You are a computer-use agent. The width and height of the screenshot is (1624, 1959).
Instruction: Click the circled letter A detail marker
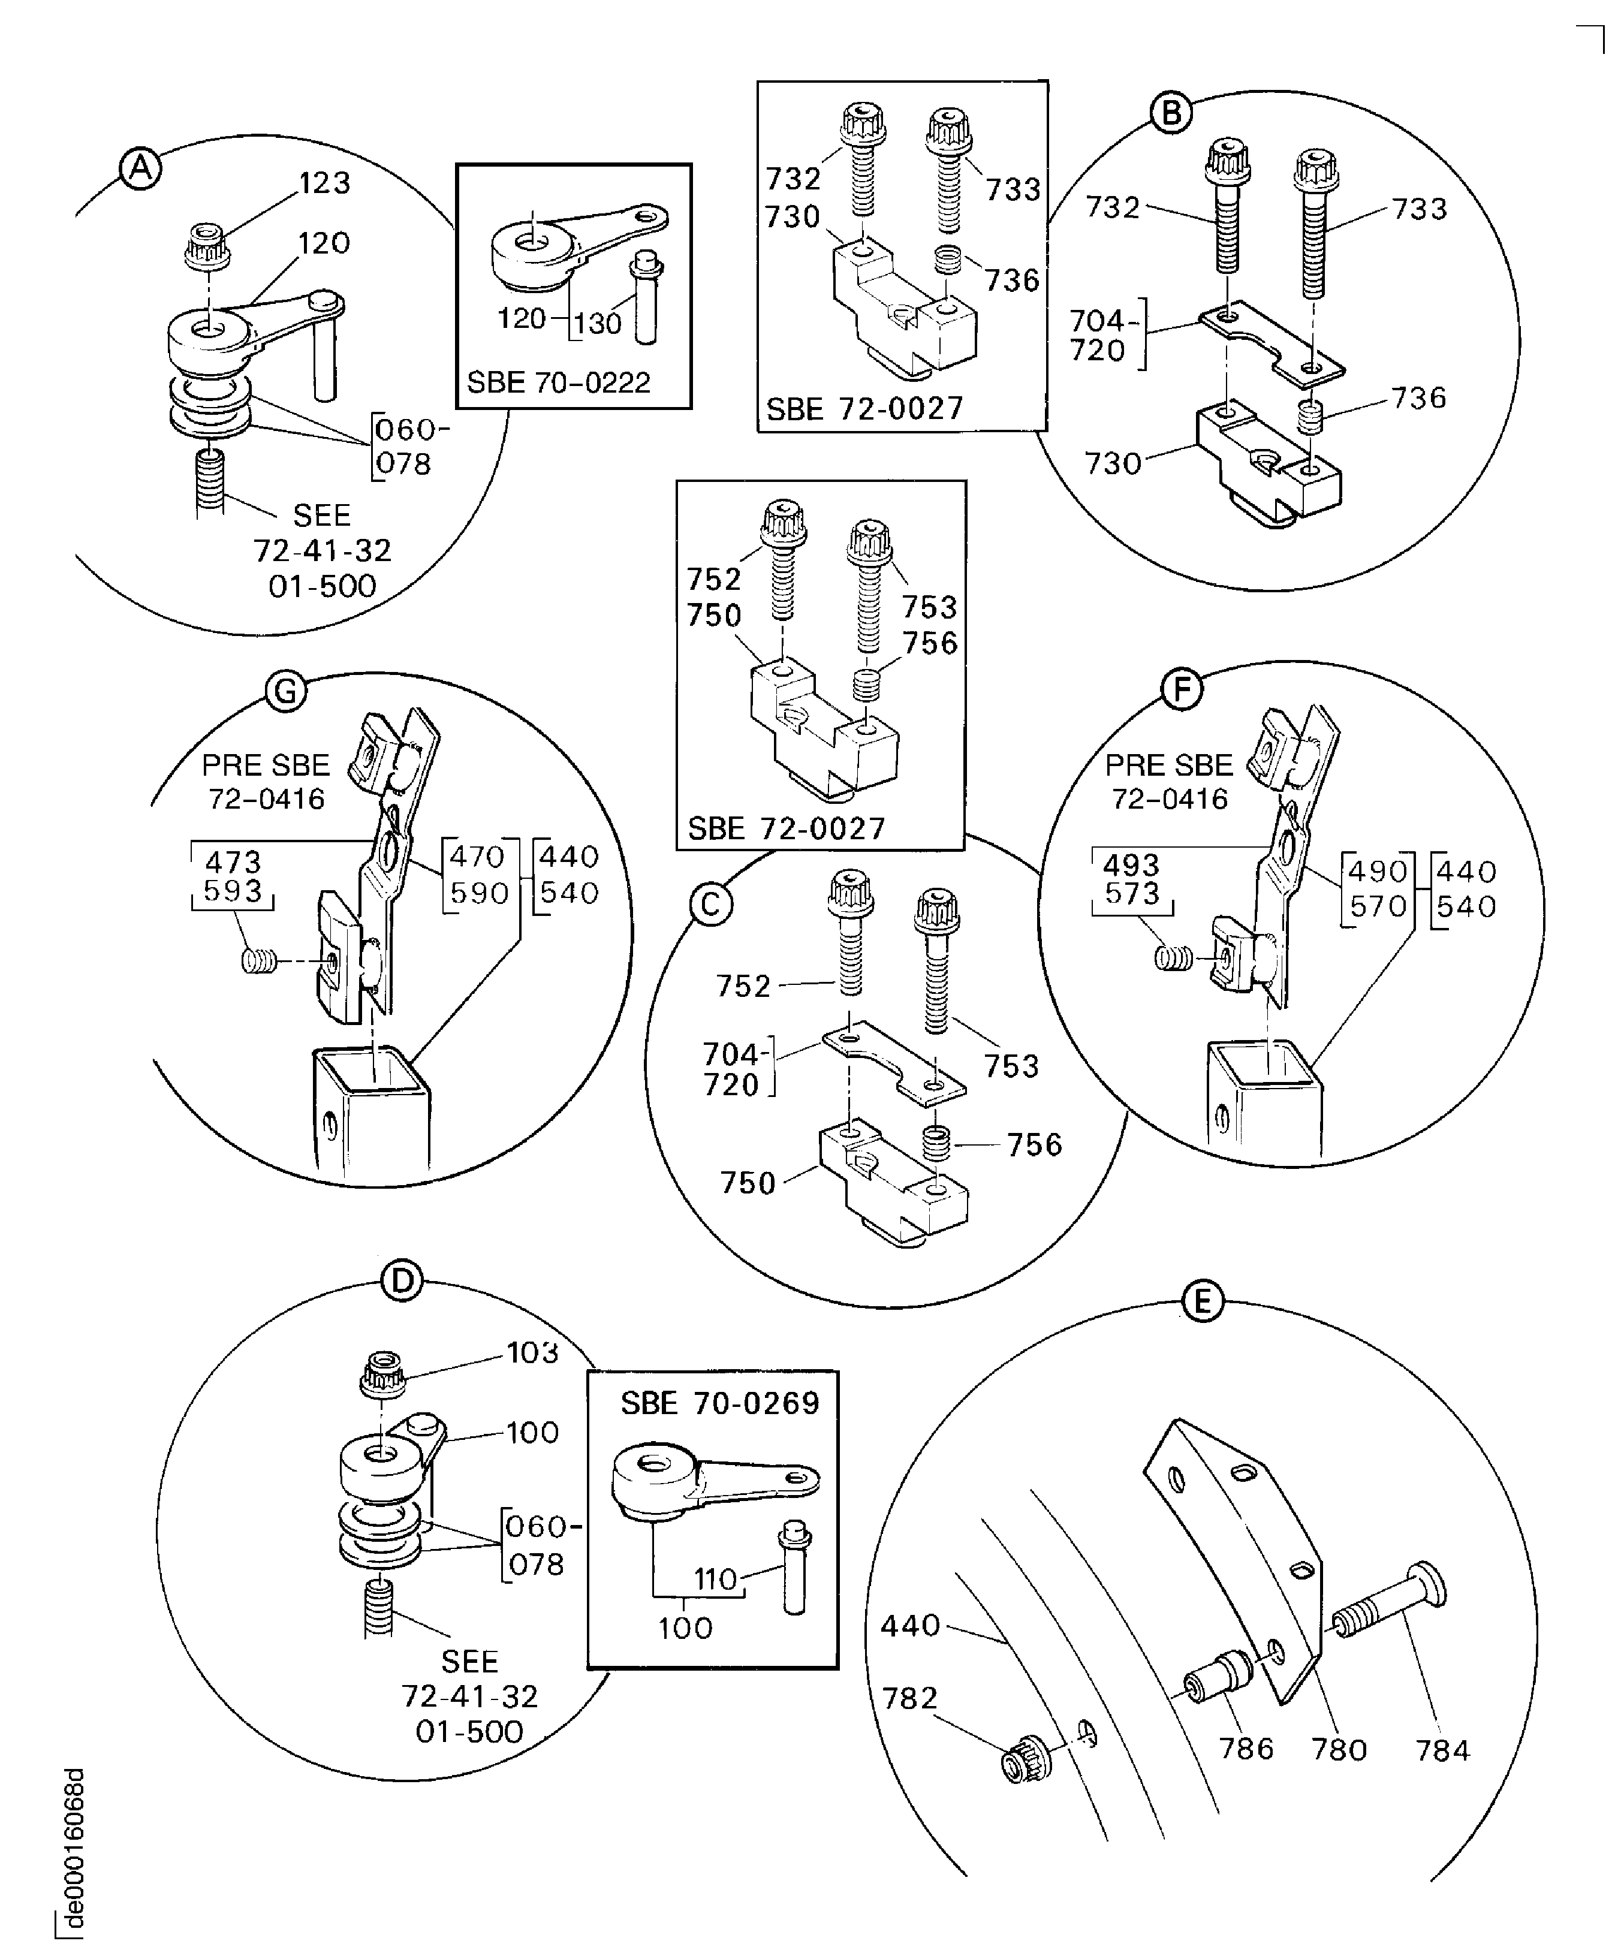[x=140, y=170]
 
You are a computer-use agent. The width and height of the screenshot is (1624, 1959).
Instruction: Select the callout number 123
[x=324, y=183]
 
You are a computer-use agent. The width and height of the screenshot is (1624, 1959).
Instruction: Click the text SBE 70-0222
[x=558, y=382]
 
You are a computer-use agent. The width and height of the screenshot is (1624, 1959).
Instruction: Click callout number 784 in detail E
[x=1442, y=1750]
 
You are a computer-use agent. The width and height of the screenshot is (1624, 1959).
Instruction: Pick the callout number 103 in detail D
[x=532, y=1352]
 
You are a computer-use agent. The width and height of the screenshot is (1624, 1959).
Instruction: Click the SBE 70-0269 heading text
[x=719, y=1403]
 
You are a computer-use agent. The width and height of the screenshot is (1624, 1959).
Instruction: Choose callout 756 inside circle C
[x=1035, y=1144]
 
